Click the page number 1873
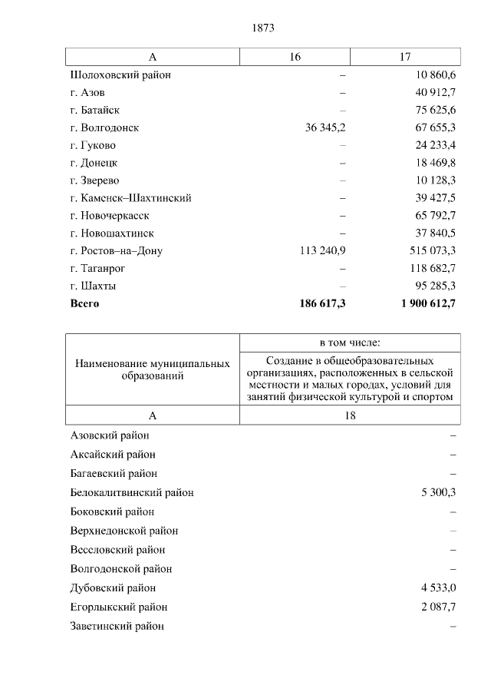tap(262, 28)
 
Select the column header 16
tap(295, 57)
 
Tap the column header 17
tap(405, 57)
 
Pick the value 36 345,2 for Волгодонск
tap(325, 127)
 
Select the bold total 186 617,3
tap(322, 303)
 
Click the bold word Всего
tap(84, 303)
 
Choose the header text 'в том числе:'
tap(350, 342)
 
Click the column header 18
tap(350, 415)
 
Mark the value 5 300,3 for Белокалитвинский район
tap(438, 492)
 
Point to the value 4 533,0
tap(438, 588)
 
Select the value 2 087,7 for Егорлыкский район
tap(438, 607)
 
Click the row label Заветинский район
tap(117, 627)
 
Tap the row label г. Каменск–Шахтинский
tap(130, 198)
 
